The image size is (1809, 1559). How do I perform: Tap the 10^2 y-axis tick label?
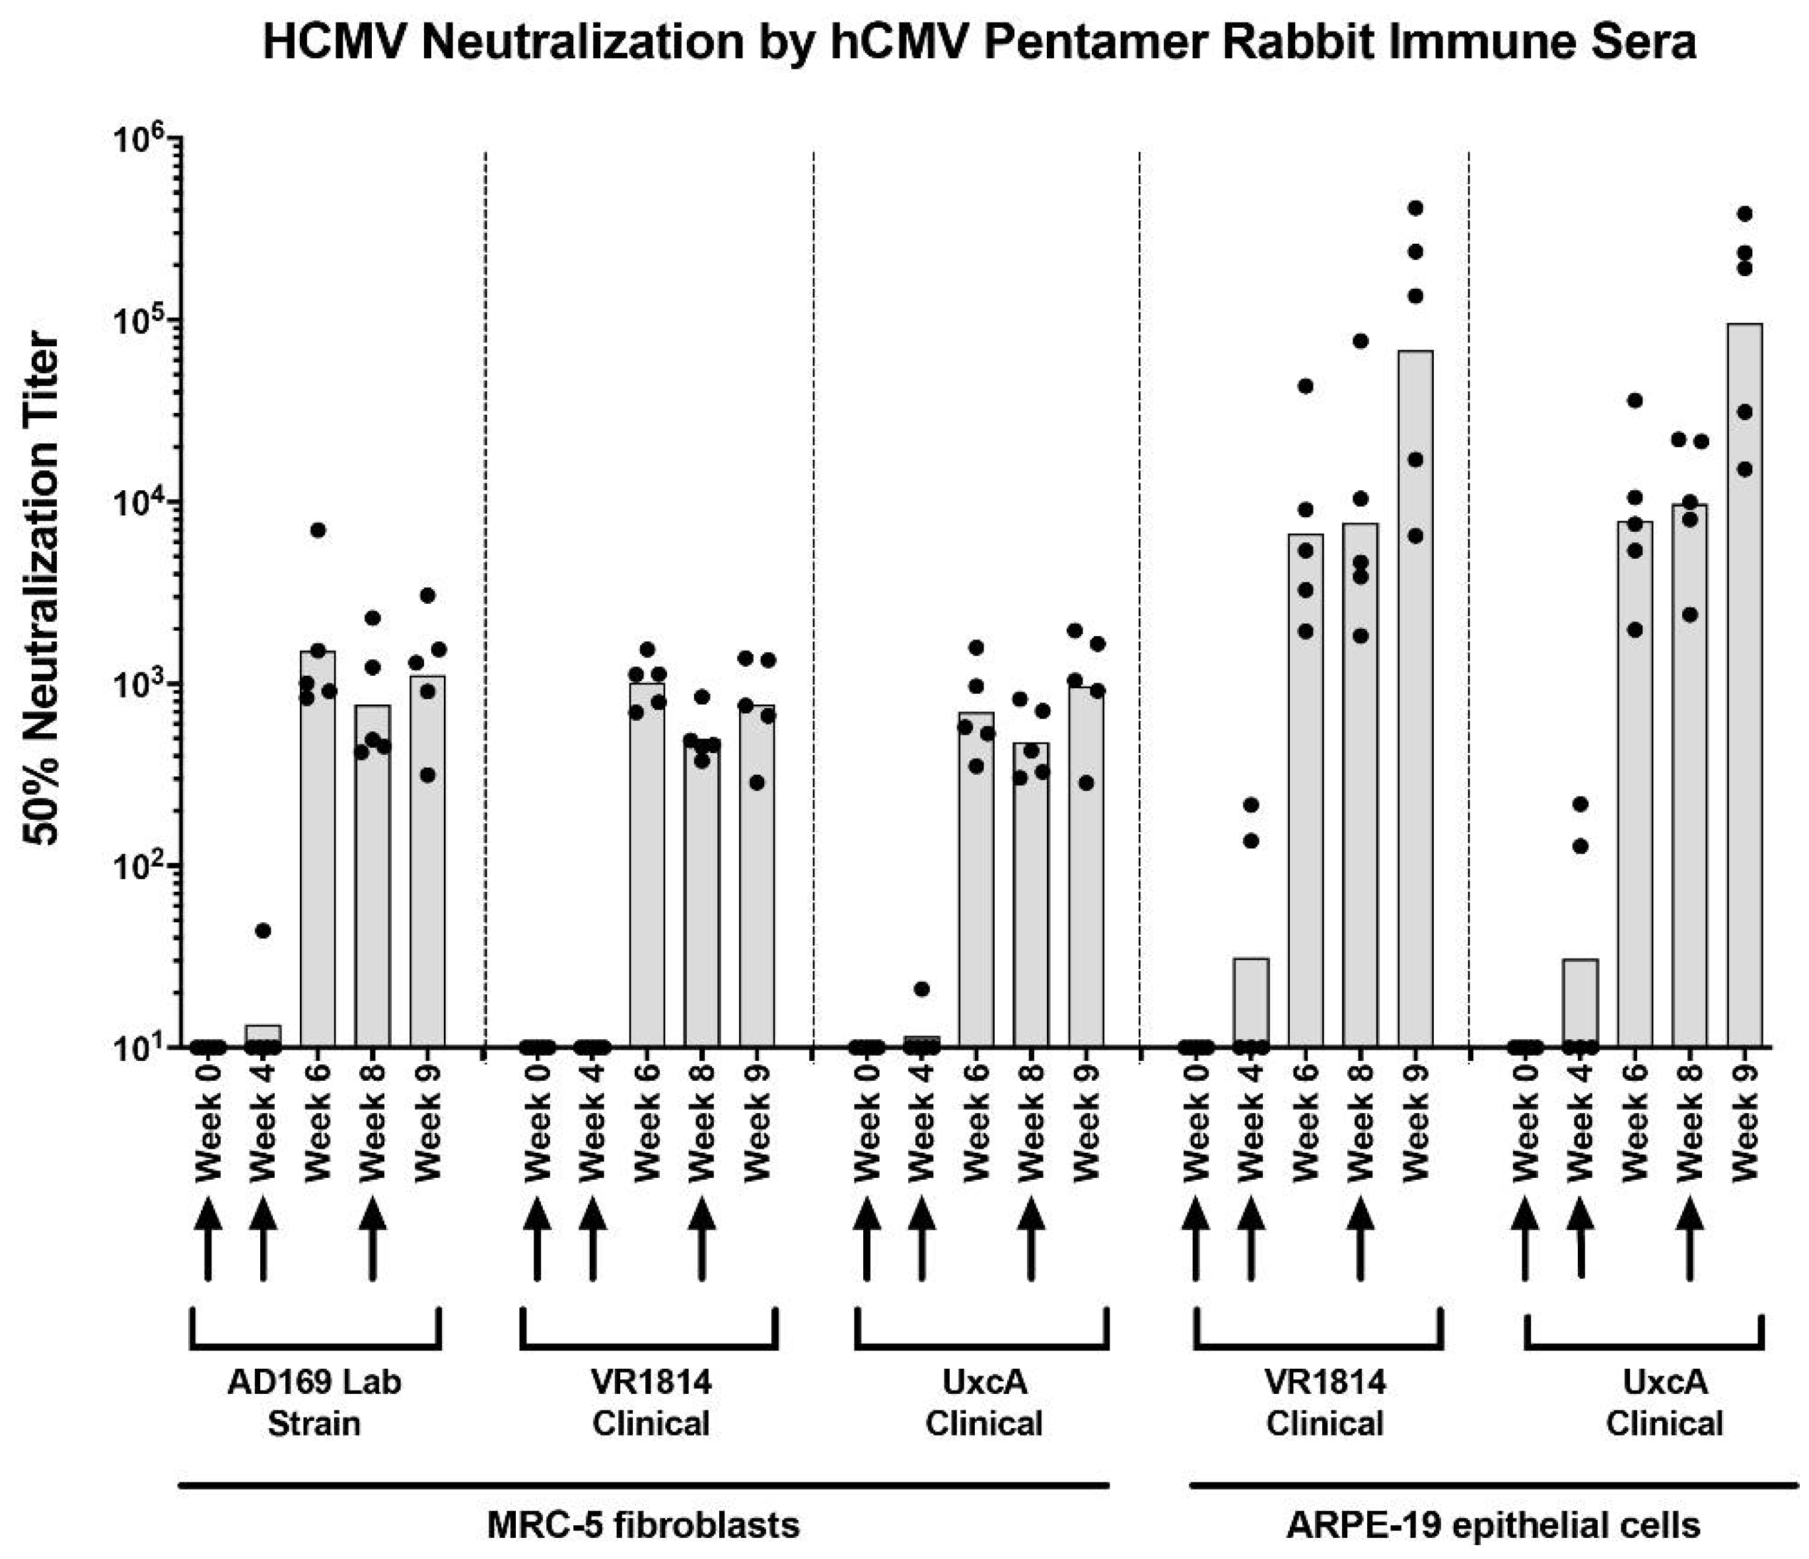tap(144, 867)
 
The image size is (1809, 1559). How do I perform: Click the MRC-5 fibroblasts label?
tap(643, 1525)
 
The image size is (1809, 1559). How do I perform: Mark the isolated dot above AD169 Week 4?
tap(263, 930)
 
